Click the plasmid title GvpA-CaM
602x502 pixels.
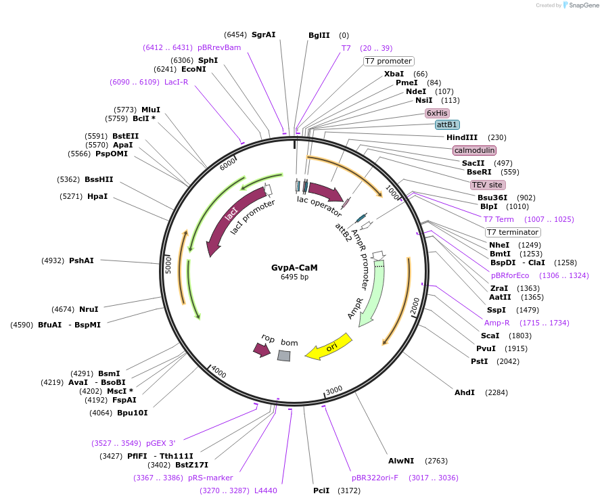pos(294,267)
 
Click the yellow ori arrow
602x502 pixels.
pos(329,347)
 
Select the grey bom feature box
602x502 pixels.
pos(284,355)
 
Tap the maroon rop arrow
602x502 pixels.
pos(261,350)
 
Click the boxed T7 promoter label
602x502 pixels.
pos(388,61)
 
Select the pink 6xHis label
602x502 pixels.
pos(437,113)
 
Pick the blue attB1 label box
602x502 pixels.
pos(447,125)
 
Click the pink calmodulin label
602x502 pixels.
pos(474,150)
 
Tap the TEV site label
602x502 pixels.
pos(488,185)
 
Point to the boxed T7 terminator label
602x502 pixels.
pos(512,232)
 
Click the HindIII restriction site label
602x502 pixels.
pos(462,137)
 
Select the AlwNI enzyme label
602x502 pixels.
pos(400,461)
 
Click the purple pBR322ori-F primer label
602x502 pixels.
pos(375,478)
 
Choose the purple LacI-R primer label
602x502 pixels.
pos(176,82)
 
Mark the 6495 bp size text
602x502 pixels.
pos(294,277)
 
